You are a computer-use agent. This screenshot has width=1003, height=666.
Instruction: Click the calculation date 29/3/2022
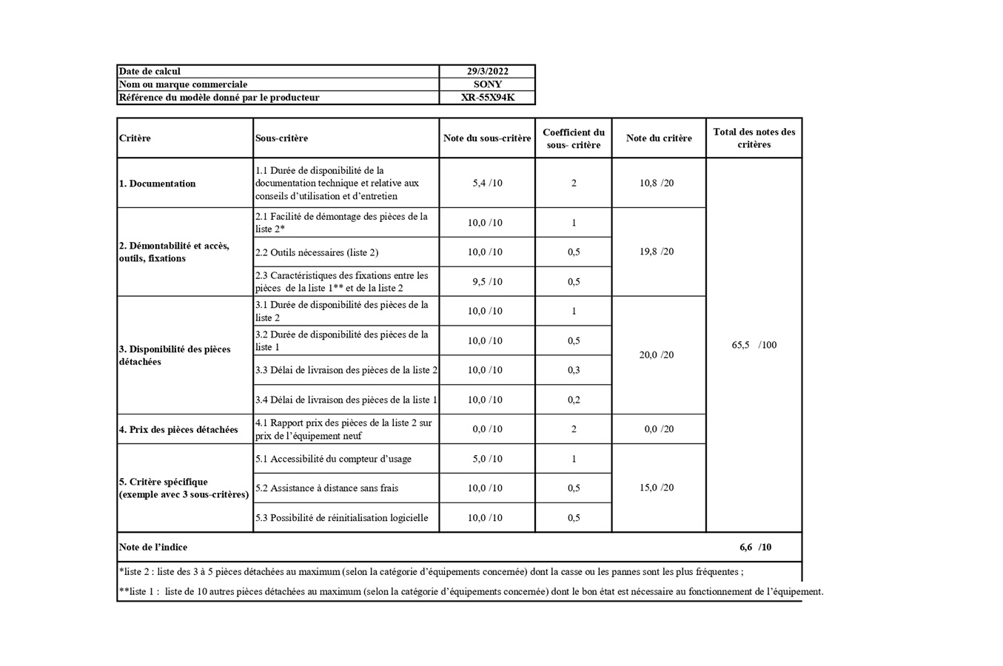(487, 72)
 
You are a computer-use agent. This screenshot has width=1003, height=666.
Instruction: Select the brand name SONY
(487, 84)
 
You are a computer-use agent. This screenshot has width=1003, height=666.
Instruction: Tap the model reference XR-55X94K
(487, 98)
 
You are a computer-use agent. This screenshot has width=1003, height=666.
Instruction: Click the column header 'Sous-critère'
(281, 138)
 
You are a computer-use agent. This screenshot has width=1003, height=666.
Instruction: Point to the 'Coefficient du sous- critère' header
(574, 138)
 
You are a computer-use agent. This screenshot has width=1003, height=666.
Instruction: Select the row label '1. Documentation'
(158, 184)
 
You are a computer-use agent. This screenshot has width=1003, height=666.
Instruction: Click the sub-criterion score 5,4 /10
(487, 184)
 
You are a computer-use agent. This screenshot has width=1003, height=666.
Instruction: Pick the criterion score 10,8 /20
(657, 184)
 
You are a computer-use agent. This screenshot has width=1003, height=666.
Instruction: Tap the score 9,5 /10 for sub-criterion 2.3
(487, 282)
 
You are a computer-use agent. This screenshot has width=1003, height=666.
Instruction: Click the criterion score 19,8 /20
(657, 252)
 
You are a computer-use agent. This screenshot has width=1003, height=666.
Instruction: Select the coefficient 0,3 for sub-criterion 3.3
(574, 370)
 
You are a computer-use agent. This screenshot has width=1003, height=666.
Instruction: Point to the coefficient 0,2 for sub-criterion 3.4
(574, 400)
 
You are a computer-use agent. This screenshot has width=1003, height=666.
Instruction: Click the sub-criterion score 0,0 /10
(487, 429)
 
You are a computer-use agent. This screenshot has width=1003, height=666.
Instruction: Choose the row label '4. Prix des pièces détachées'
(178, 429)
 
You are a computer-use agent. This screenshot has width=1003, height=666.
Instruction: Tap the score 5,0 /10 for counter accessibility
(487, 459)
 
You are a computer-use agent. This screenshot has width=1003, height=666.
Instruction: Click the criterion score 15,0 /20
(657, 488)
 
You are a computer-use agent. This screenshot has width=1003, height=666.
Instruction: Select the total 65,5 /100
(754, 345)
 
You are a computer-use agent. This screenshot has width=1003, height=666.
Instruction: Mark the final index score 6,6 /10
(755, 548)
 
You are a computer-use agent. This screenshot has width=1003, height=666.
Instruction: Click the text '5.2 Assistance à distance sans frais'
(326, 488)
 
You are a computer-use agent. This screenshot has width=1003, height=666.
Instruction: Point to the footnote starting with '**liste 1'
(471, 592)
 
